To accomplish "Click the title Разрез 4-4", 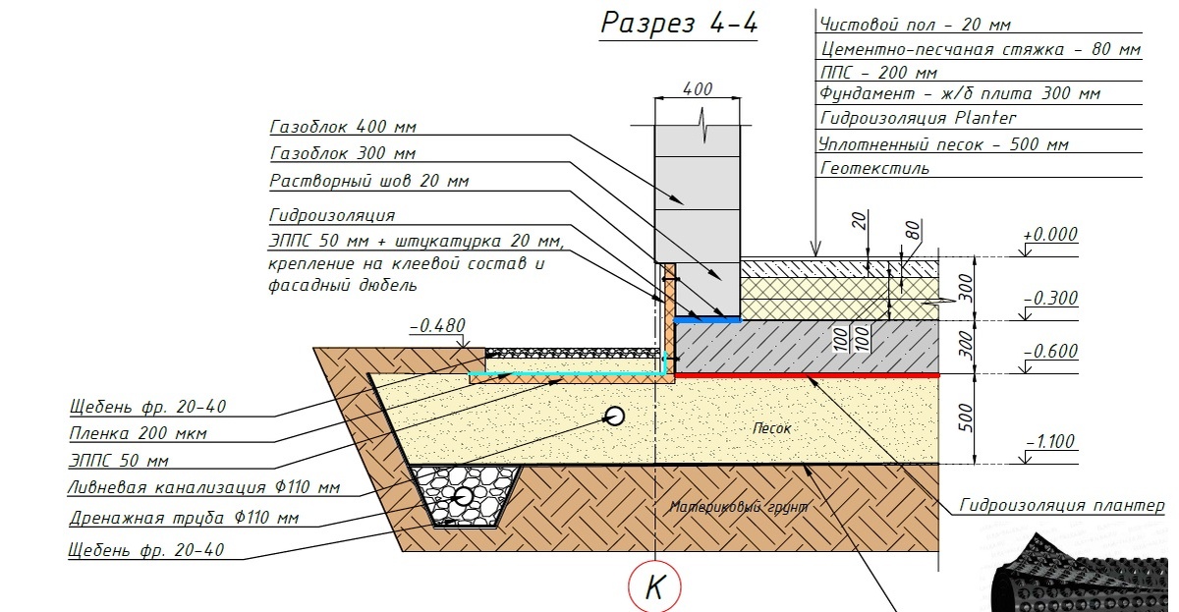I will click(679, 24).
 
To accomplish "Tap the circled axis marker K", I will click(654, 587).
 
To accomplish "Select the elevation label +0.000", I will click(1049, 236).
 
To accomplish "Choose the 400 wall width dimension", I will click(697, 89).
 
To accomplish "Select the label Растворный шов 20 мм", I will click(368, 182).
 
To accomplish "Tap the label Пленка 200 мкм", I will click(138, 433).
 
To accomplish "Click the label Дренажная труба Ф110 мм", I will click(184, 518).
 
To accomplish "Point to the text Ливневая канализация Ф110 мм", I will click(204, 487).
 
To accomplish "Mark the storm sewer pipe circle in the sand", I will click(615, 416).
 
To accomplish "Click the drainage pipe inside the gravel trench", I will click(463, 495).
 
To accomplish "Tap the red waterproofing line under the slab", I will click(806, 375).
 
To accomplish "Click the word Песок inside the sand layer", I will click(771, 428).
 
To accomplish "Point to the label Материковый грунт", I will click(739, 507).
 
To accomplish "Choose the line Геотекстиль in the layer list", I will click(873, 168).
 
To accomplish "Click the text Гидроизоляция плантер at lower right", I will click(1062, 506).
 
